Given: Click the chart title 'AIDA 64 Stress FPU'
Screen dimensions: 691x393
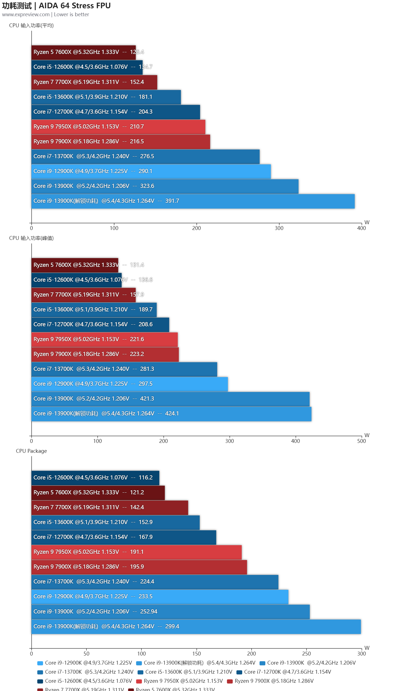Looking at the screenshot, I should click(75, 6).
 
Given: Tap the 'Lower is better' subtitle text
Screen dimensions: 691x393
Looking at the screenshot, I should click(72, 15).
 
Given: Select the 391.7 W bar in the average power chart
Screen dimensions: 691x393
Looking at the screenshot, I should click(193, 201).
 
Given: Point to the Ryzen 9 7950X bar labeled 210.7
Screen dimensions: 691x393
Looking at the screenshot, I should click(118, 127).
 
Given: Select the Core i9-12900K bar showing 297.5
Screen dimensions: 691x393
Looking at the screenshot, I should click(129, 384).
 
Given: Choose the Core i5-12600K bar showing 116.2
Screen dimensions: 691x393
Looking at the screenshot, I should click(95, 478).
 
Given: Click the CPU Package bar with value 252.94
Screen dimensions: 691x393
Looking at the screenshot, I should click(170, 612).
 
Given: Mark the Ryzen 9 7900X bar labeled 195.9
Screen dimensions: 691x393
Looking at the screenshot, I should click(139, 567).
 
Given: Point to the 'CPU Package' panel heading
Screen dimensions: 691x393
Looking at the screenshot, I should click(31, 451).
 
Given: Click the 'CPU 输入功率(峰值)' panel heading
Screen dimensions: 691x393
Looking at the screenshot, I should click(31, 238).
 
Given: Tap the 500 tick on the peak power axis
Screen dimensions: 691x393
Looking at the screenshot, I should click(361, 441).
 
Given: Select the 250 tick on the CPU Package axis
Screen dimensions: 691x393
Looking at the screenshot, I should click(306, 654).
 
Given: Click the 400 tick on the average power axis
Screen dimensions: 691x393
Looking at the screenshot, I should click(361, 228).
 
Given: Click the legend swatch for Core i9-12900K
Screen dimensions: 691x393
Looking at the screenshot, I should click(40, 663).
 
